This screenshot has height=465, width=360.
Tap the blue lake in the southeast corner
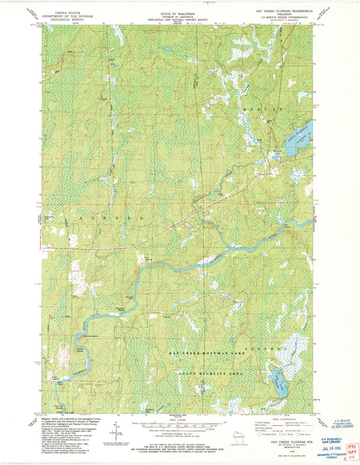(x=278, y=384)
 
